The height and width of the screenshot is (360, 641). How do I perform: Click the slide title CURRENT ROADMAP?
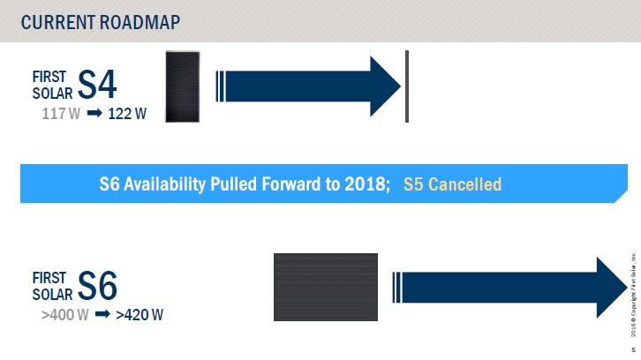[101, 22]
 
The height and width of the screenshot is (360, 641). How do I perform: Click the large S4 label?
[97, 84]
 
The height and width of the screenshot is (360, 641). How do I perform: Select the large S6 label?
[97, 286]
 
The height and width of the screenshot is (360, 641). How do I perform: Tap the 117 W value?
[61, 114]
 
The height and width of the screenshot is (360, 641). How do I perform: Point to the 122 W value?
[127, 114]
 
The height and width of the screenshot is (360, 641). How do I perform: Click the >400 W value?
[65, 315]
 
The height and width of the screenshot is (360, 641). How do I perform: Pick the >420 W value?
[140, 315]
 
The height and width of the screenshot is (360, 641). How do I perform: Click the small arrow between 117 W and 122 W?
[94, 113]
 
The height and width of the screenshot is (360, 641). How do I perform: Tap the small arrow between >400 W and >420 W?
[102, 314]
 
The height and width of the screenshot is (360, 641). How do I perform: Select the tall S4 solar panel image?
[183, 86]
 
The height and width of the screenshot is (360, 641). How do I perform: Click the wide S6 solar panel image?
[326, 287]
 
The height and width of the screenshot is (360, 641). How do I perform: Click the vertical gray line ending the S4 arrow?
[407, 86]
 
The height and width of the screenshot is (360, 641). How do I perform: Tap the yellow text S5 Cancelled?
[452, 184]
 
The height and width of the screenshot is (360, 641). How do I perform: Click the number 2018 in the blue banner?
[365, 184]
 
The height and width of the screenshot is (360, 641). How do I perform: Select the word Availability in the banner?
[165, 184]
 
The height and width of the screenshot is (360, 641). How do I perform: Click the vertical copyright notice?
[633, 294]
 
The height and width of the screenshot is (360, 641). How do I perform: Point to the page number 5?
[634, 349]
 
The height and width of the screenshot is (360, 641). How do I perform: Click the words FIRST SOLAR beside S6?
[52, 286]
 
